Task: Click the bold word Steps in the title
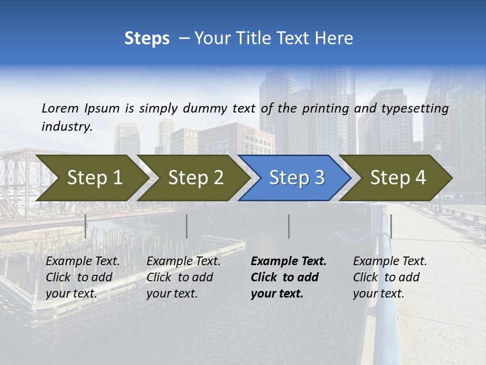(x=147, y=39)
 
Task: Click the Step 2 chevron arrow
(x=193, y=178)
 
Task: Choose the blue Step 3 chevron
(x=295, y=178)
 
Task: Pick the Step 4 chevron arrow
(x=396, y=178)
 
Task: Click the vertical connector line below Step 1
(x=86, y=226)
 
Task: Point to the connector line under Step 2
(x=187, y=226)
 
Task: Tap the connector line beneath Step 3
(x=289, y=226)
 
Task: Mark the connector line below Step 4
(x=391, y=226)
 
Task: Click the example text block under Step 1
(x=83, y=277)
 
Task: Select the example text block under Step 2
(x=183, y=277)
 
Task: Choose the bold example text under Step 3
(x=289, y=277)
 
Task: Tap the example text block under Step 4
(x=390, y=277)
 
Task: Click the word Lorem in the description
(x=60, y=108)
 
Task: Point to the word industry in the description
(x=66, y=127)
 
